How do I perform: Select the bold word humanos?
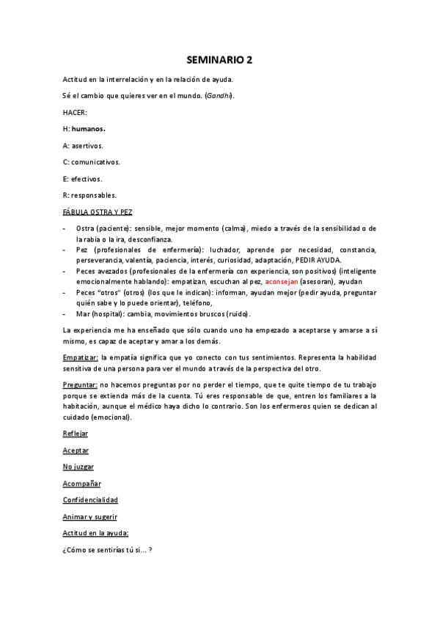tap(88, 128)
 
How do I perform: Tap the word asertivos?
tap(87, 145)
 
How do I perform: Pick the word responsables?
tap(93, 195)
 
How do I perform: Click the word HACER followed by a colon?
tap(75, 112)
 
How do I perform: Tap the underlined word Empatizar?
tap(81, 357)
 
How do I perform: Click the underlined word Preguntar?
tap(80, 384)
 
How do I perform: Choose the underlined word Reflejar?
tap(76, 433)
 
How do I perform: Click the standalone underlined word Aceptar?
tap(76, 450)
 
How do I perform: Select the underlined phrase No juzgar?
tap(78, 466)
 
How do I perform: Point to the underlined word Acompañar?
tap(82, 483)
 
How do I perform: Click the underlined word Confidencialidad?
tap(91, 499)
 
